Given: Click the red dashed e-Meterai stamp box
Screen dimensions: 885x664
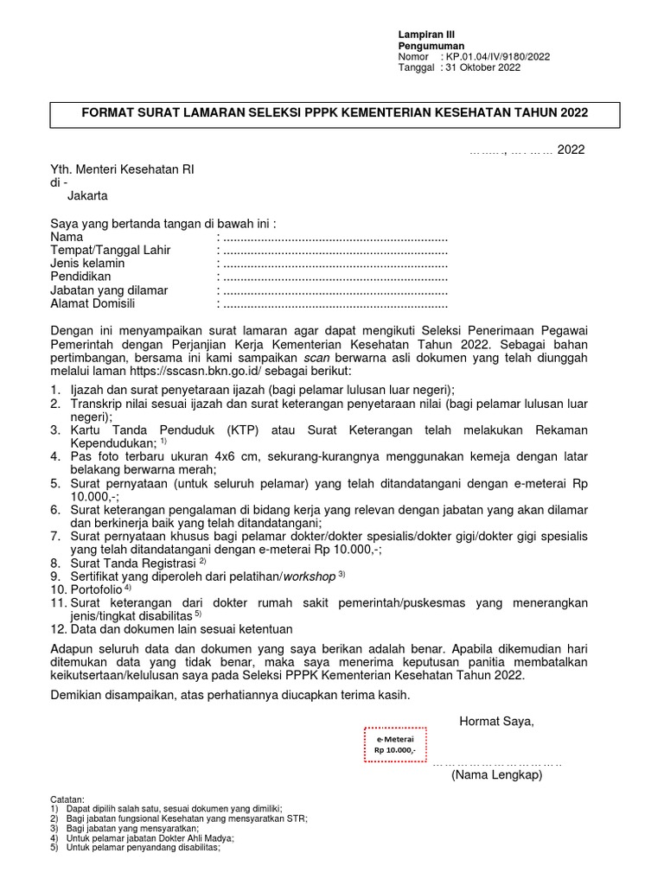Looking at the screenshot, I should [x=395, y=745].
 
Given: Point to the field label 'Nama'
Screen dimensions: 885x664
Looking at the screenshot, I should [x=67, y=236].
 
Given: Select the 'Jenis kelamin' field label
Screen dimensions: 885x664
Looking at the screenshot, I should [x=87, y=263].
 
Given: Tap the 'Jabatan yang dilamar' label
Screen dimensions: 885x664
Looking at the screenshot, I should [x=109, y=290].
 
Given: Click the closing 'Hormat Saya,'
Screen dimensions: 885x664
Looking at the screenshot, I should [x=496, y=722].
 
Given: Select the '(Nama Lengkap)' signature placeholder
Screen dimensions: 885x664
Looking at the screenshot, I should [x=496, y=776].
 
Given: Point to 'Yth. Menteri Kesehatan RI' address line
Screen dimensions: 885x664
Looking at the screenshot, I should [x=122, y=169].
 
